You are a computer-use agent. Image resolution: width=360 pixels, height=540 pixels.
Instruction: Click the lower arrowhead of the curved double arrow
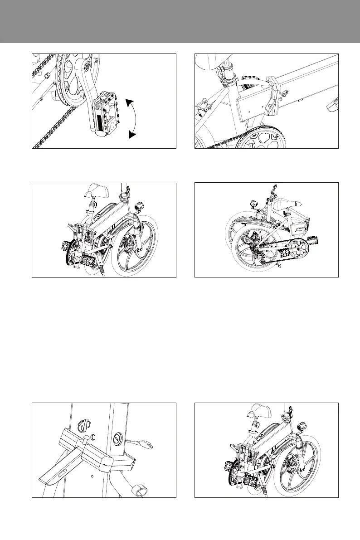[132, 134]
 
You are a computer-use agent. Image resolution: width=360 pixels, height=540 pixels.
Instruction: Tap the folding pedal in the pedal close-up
[105, 114]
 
